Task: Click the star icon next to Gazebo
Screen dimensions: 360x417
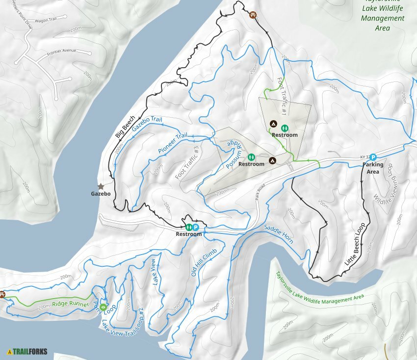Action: click(x=101, y=186)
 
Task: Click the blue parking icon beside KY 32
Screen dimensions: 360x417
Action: click(x=373, y=157)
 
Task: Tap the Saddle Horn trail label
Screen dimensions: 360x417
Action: click(x=279, y=234)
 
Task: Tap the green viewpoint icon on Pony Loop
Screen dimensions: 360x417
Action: click(x=103, y=308)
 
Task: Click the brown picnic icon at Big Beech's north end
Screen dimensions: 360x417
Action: click(x=253, y=15)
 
